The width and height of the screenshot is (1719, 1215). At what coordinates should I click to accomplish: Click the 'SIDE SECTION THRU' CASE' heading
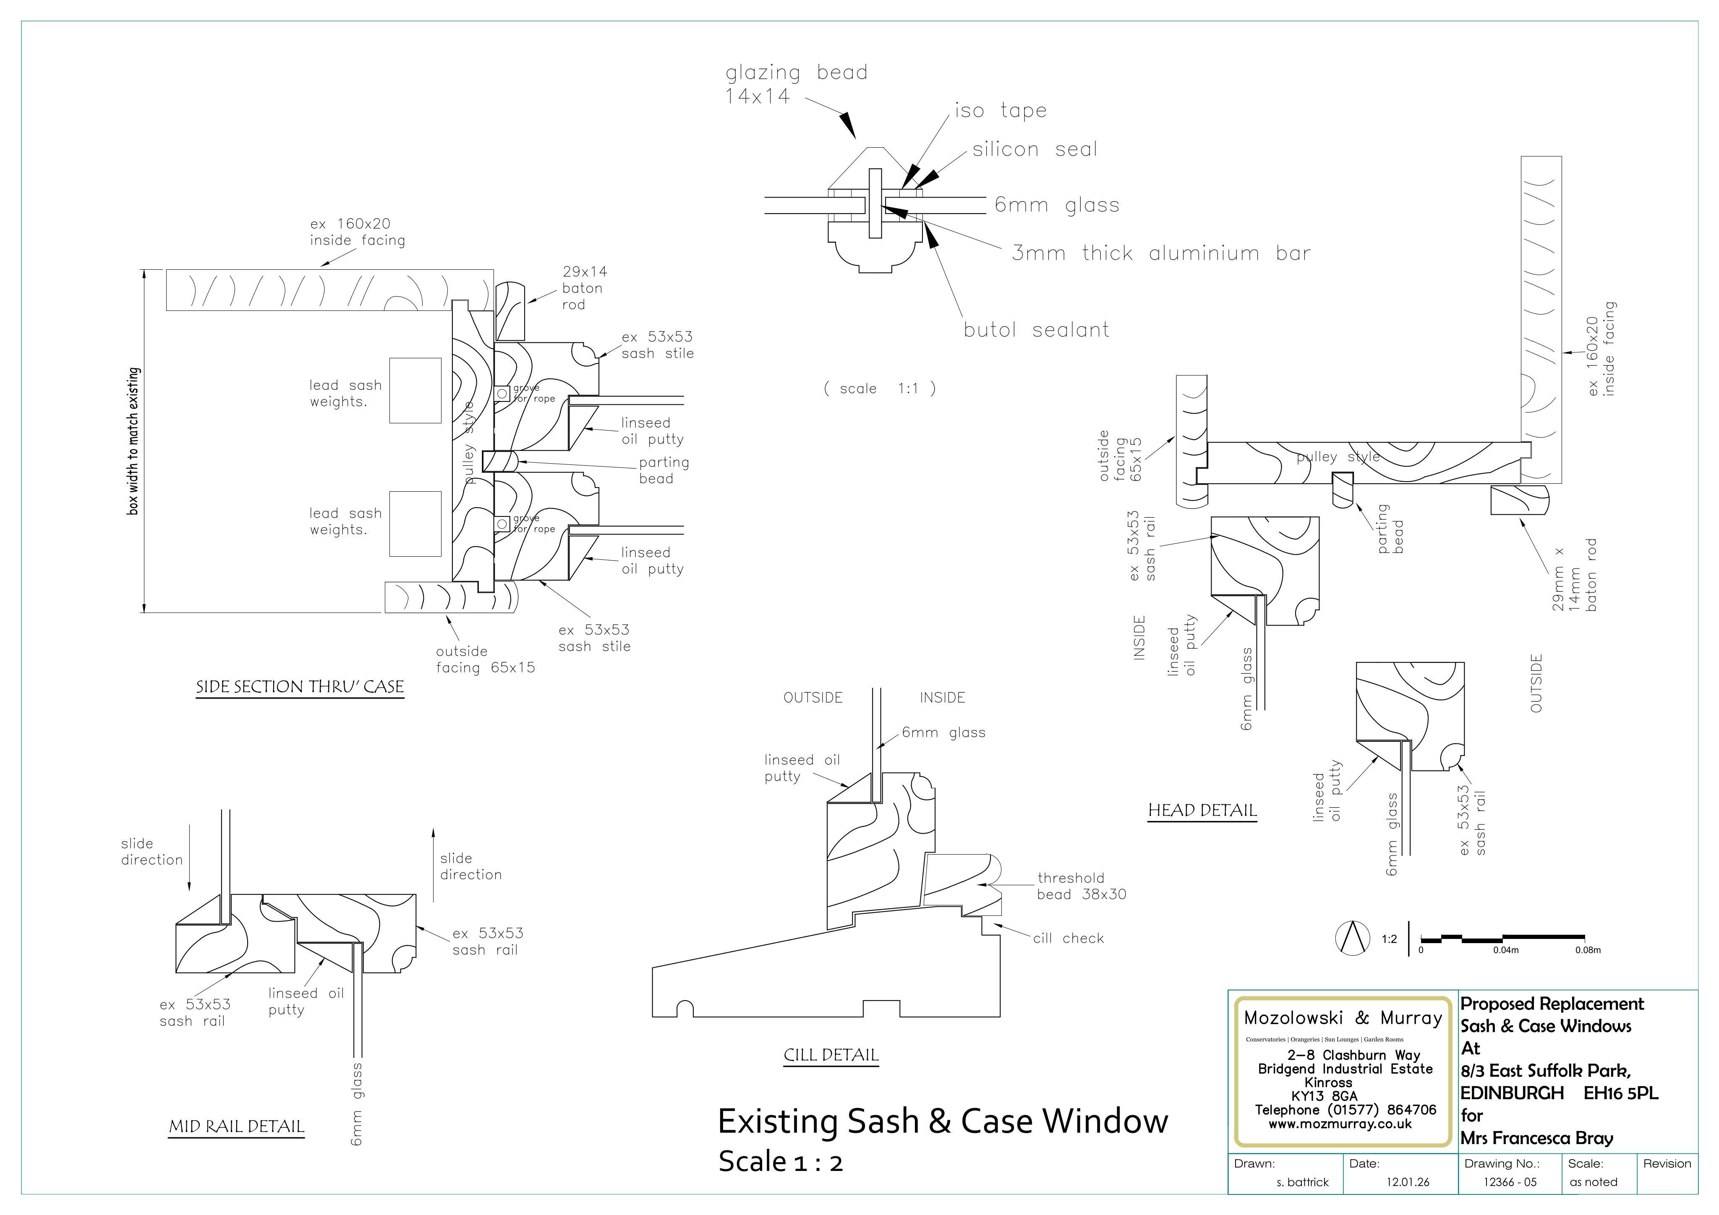(300, 687)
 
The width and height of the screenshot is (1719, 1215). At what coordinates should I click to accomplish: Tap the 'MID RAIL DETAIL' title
(237, 1126)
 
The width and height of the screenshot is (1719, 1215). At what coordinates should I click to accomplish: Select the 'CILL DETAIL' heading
(831, 1056)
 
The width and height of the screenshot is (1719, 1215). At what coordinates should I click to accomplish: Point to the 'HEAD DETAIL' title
(1202, 811)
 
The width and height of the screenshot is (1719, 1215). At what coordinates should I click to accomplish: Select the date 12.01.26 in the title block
(1408, 1182)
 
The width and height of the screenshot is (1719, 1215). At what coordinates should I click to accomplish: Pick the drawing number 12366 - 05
(1510, 1182)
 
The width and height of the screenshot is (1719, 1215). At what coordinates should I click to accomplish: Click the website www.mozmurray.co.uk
(1340, 1124)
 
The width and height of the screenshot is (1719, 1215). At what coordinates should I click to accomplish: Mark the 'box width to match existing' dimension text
(133, 441)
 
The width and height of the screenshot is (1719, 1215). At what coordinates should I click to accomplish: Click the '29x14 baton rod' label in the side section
(584, 288)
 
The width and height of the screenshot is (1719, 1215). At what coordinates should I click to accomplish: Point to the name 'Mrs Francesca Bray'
(1537, 1139)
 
